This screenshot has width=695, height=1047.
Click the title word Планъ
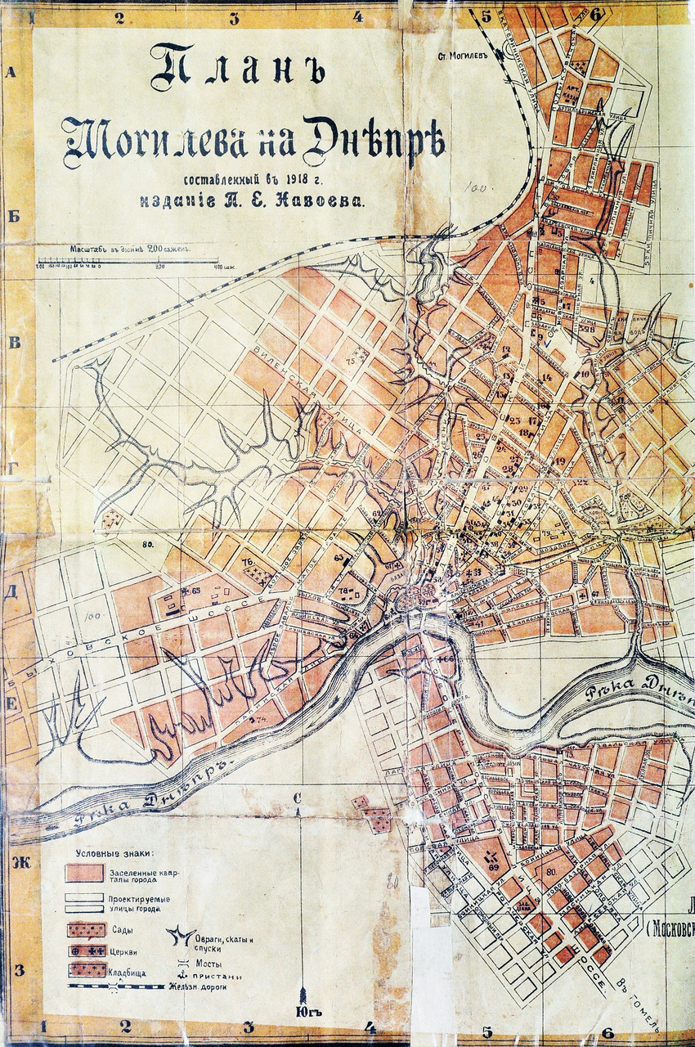click(x=237, y=69)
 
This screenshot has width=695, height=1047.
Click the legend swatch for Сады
click(x=86, y=930)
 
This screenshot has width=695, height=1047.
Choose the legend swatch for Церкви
click(x=86, y=950)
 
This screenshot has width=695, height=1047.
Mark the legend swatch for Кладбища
click(x=86, y=970)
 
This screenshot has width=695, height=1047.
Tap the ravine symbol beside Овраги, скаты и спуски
click(x=175, y=934)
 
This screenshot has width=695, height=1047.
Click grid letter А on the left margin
click(x=11, y=72)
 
